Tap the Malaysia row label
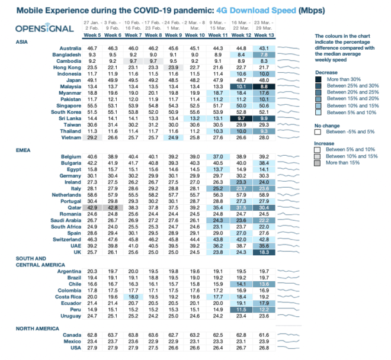click(x=66, y=85)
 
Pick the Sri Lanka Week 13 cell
click(x=264, y=118)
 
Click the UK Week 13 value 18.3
click(x=264, y=252)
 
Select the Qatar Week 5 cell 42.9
click(x=93, y=208)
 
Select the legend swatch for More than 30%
click(x=319, y=79)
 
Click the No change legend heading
click(x=328, y=126)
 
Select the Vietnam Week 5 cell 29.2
click(x=93, y=137)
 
